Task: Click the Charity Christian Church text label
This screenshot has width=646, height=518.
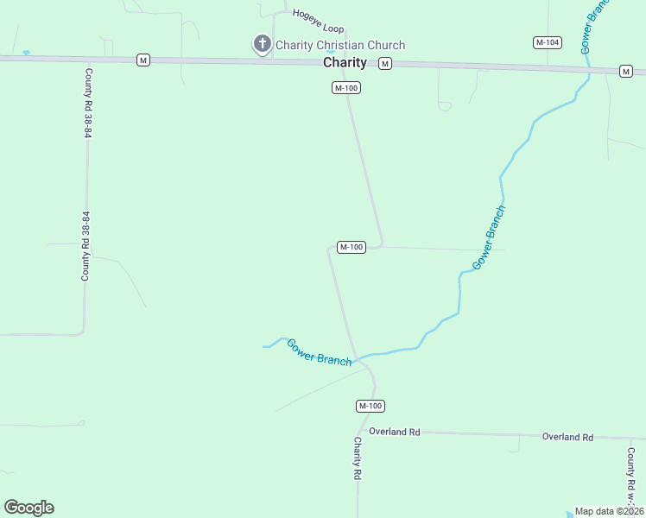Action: [339, 45]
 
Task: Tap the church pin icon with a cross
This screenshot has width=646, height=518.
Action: [262, 44]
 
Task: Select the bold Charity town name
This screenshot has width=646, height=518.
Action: [345, 63]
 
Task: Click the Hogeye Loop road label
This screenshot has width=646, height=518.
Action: [318, 21]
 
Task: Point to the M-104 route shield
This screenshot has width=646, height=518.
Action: [548, 42]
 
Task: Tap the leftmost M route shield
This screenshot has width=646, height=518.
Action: [143, 60]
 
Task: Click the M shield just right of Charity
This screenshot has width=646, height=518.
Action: [385, 63]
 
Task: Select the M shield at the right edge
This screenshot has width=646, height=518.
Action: [625, 71]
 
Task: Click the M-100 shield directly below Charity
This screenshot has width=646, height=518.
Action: [346, 88]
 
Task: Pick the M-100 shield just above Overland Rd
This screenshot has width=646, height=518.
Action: [370, 406]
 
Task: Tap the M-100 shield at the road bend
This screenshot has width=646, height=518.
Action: [351, 248]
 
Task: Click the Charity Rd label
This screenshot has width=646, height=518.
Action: [357, 458]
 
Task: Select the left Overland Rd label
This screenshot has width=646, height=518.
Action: [394, 431]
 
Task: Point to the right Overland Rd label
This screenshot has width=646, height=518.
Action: [567, 437]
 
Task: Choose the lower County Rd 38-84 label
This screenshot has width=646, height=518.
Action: [85, 246]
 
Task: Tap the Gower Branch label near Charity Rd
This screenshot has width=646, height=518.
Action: [320, 352]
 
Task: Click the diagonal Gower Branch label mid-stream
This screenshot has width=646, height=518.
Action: [489, 237]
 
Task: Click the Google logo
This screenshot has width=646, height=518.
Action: [28, 508]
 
